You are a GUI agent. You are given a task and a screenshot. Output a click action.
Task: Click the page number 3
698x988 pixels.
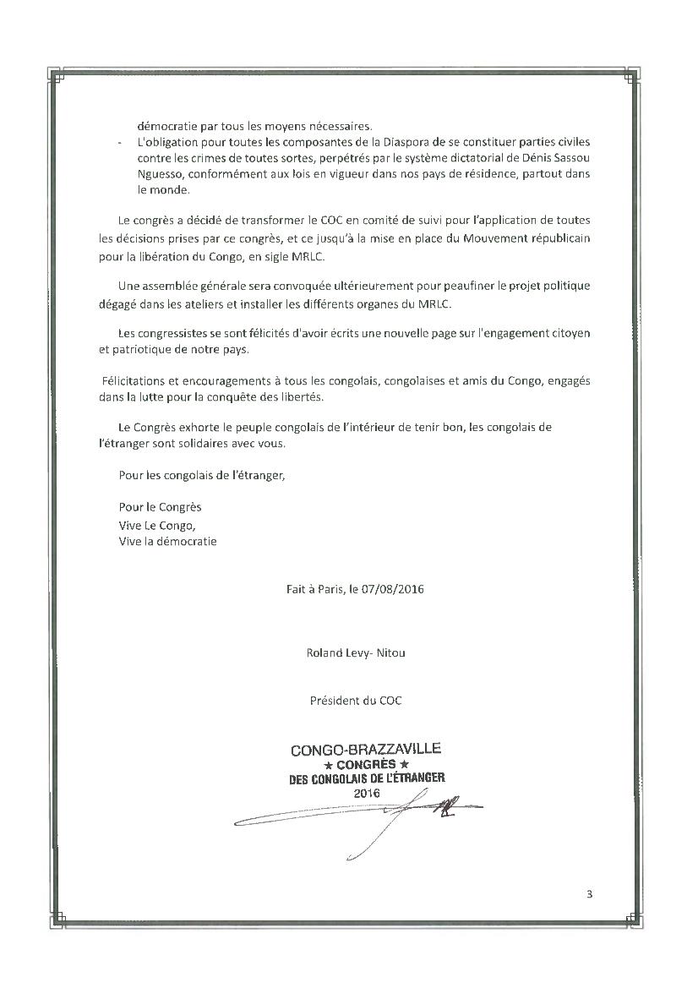(589, 894)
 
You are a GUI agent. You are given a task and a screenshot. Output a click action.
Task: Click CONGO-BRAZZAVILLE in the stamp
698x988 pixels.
(365, 750)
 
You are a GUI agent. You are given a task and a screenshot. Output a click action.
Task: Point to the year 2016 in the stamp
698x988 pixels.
(364, 794)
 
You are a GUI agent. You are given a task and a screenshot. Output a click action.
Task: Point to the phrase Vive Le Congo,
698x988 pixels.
(151, 525)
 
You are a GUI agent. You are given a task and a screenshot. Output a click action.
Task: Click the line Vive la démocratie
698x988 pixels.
(167, 541)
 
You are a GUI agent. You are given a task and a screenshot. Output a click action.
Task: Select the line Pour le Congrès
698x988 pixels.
(161, 508)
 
